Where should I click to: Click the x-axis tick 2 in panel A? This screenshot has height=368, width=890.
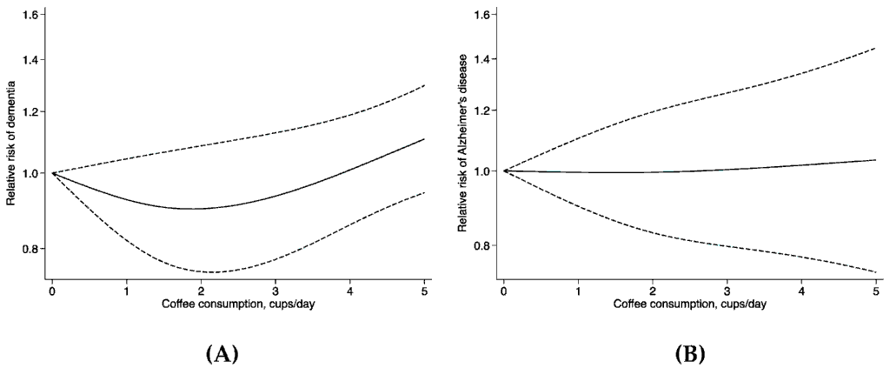click(201, 291)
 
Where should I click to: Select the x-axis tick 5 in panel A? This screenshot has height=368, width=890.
click(424, 291)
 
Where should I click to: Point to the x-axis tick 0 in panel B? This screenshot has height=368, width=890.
click(504, 291)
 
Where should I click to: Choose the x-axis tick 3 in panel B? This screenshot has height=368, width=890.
click(727, 291)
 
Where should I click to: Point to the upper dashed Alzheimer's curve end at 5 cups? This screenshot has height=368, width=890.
click(875, 48)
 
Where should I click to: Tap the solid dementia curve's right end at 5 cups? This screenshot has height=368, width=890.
click(424, 139)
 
